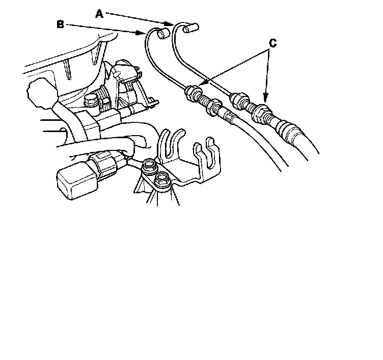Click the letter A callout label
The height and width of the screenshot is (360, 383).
click(99, 14)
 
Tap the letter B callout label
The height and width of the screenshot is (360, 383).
click(60, 24)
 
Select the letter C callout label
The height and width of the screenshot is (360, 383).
click(272, 43)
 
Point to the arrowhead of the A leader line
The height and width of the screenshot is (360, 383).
click(169, 23)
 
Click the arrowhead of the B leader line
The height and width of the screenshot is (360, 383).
click(141, 33)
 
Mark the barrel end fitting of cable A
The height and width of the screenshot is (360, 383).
click(191, 28)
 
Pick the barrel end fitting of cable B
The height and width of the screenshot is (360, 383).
click(163, 33)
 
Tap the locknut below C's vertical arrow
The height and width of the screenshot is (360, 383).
click(262, 113)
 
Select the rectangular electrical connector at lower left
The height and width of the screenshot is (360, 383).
click(77, 180)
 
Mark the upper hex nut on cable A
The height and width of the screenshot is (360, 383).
click(240, 100)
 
